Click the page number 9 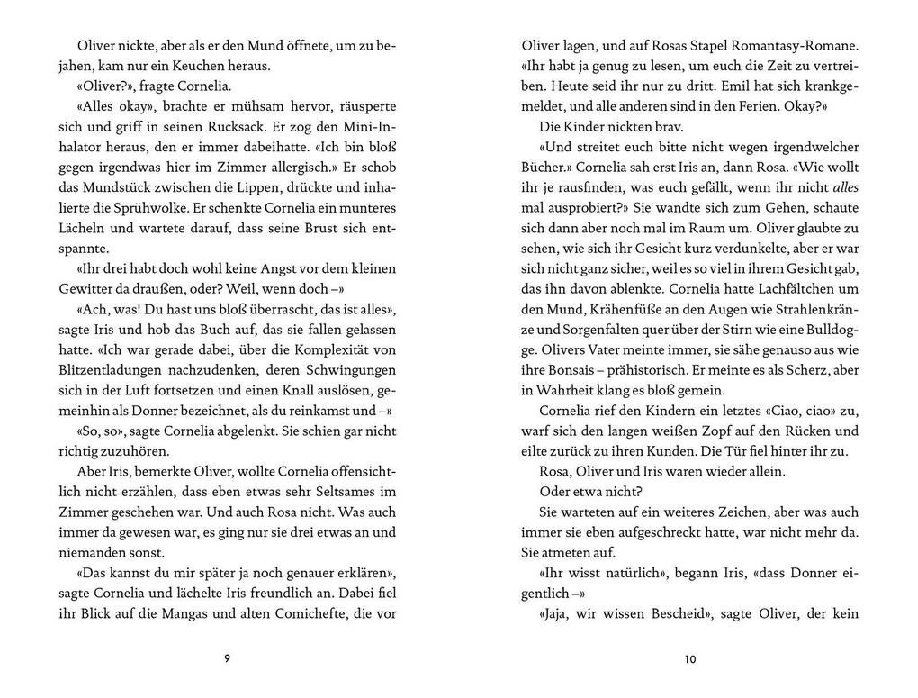click(227, 658)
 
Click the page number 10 click(690, 658)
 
